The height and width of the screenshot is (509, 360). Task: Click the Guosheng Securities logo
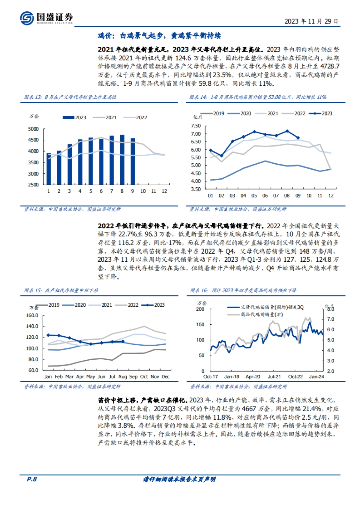[46, 18]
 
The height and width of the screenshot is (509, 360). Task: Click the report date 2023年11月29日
[311, 21]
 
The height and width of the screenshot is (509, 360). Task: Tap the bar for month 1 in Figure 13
[49, 168]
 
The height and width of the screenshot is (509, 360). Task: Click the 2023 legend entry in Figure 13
[74, 118]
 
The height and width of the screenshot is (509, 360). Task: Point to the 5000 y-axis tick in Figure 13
[33, 129]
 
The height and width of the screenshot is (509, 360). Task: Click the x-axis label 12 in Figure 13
[164, 191]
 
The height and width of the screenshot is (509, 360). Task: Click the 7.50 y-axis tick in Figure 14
[196, 126]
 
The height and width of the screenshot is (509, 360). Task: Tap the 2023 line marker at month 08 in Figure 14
[287, 131]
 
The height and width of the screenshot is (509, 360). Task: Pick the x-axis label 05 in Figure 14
[254, 195]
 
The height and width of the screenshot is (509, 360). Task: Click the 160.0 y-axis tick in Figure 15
[32, 315]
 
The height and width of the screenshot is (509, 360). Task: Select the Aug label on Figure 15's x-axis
[123, 377]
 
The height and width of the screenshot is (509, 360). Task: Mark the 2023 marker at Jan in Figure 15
[48, 335]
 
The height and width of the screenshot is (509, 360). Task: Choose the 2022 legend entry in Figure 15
[127, 305]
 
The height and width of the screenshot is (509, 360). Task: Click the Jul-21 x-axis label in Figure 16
[274, 377]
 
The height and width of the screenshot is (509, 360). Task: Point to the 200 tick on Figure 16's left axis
[200, 309]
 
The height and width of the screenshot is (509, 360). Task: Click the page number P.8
[32, 479]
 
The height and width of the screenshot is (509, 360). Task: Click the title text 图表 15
[33, 290]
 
